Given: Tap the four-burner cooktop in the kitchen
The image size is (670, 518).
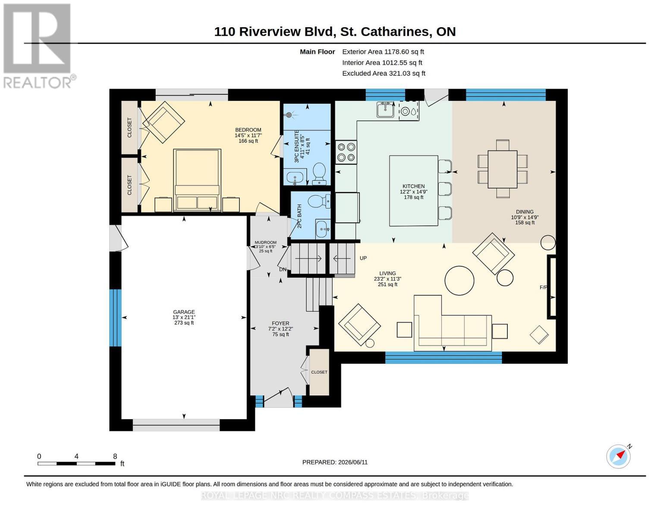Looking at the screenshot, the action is pos(346,152).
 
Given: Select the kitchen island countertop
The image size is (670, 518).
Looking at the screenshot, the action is pos(413,191).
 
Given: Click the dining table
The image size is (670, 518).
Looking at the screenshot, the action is pos(502,169).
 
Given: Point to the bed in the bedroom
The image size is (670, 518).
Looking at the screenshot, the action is pos(197,180).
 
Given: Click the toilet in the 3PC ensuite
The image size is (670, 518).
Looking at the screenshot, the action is pos(319,174).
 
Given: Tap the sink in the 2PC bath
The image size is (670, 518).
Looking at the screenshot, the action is pos(323,229).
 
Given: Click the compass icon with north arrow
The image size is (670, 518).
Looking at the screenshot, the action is pos(619,457).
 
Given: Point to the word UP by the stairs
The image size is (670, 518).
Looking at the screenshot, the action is pos(363,258).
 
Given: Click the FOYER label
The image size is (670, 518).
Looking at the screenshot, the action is pos(280,323).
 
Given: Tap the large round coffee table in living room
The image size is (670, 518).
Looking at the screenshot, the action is pos(459,281).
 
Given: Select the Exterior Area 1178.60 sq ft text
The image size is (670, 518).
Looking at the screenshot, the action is pos(383,52).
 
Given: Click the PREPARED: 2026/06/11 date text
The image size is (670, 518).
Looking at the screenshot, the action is pos(335,462).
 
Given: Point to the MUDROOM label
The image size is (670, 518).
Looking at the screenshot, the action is pos(265,243).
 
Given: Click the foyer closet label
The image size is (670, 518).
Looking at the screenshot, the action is pos(319,372).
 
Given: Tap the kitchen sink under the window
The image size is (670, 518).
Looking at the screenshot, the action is pos(385,110).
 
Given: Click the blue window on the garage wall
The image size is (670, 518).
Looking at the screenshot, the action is pos(115,318).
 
